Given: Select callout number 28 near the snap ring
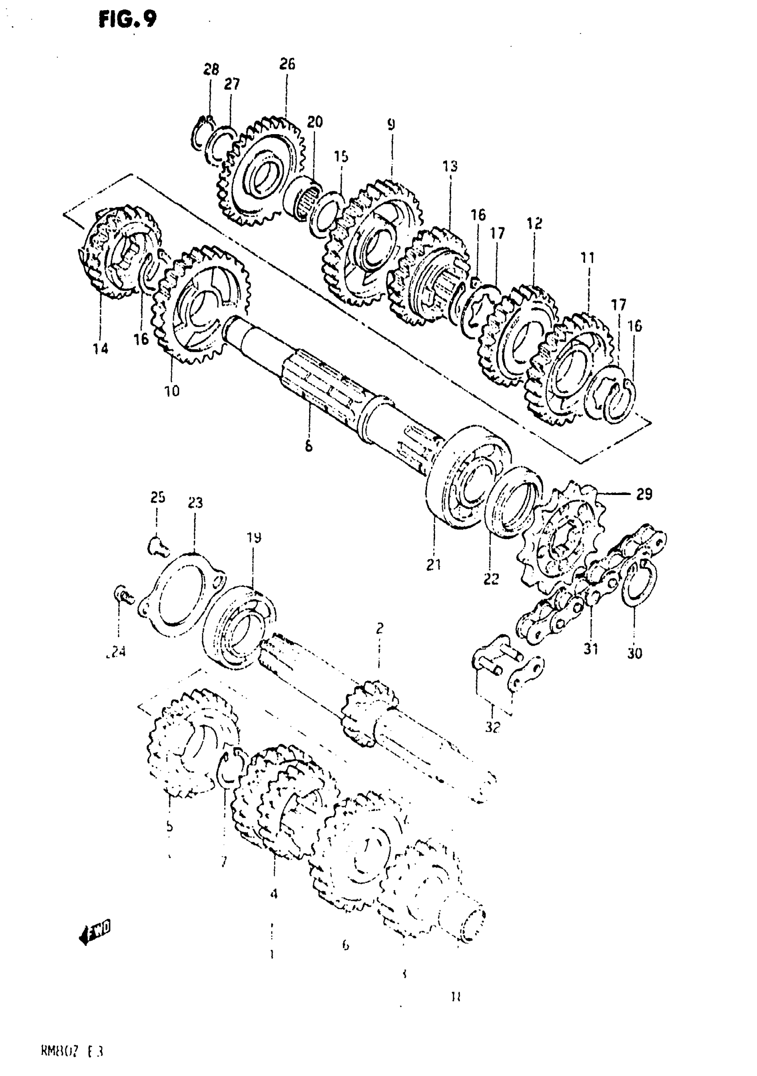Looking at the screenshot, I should pos(211,70).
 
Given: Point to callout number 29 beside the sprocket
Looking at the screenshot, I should pos(644,494).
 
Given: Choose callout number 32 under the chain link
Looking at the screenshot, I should pos(493,728).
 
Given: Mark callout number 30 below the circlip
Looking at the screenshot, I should pos(635,653).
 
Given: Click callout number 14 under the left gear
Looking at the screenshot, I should pos(100,348).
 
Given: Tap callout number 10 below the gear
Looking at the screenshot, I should pos(172,390).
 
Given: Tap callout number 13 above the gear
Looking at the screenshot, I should pos(450,166).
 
